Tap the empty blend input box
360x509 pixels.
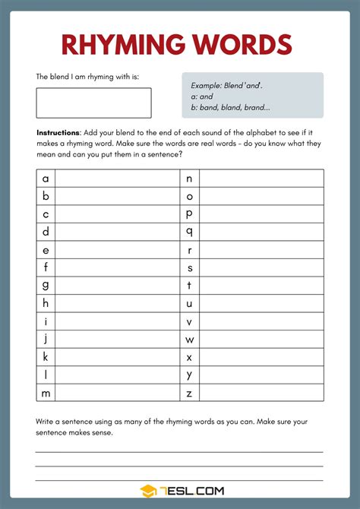pos(93,103)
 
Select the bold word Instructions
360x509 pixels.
pos(58,133)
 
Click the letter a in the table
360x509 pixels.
pos(46,179)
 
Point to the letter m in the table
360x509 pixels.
pos(46,393)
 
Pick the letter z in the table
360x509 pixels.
pos(189,393)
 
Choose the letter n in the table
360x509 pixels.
pos(189,179)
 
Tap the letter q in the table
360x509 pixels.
pos(189,232)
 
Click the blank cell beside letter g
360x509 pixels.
pos(117,286)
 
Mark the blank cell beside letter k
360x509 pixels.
pos(117,357)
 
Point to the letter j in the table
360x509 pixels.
pos(46,339)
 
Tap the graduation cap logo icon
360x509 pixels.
pos(148,492)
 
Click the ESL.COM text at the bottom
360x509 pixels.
pos(191,492)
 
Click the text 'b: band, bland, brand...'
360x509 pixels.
pos(231,107)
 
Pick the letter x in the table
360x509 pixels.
pos(189,357)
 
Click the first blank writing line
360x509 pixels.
pos(179,451)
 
